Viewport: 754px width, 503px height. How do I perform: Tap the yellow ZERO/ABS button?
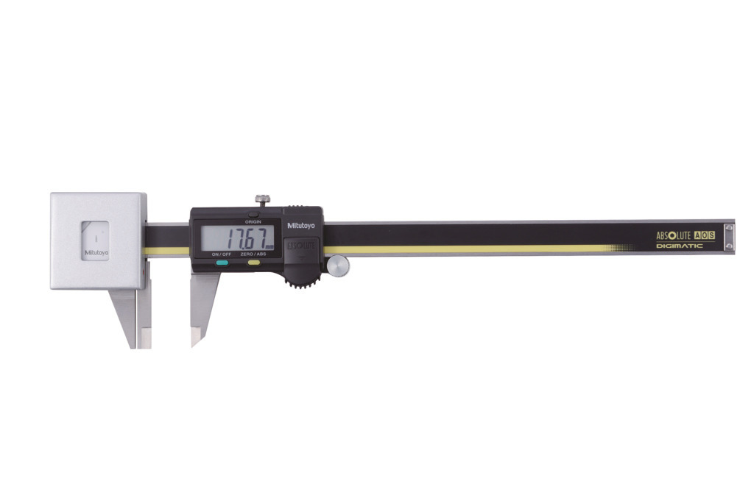(254, 261)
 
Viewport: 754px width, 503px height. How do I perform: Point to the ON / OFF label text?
(221, 254)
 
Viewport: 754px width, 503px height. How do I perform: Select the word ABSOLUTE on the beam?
(674, 235)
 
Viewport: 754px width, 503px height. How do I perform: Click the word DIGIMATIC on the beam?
(679, 246)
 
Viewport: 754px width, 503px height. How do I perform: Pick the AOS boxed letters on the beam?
(705, 235)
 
